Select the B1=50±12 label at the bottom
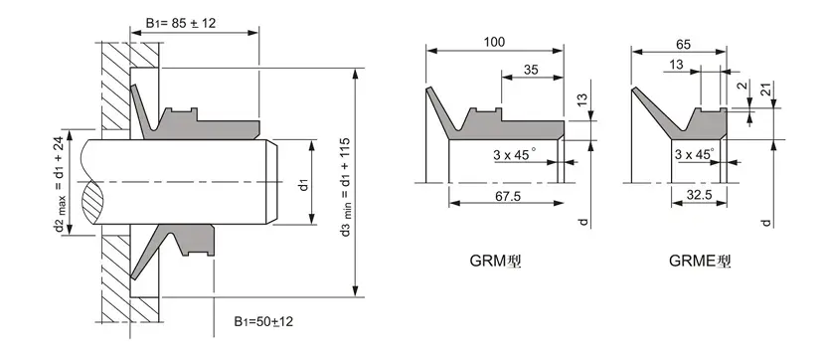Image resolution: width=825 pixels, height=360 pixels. (x=263, y=321)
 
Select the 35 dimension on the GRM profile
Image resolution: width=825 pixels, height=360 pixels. (x=532, y=71)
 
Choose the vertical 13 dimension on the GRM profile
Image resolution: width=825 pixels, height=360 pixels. (x=582, y=100)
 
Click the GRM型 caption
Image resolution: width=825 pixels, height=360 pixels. (x=495, y=264)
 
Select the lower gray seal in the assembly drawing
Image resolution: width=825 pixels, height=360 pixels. (x=189, y=244)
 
